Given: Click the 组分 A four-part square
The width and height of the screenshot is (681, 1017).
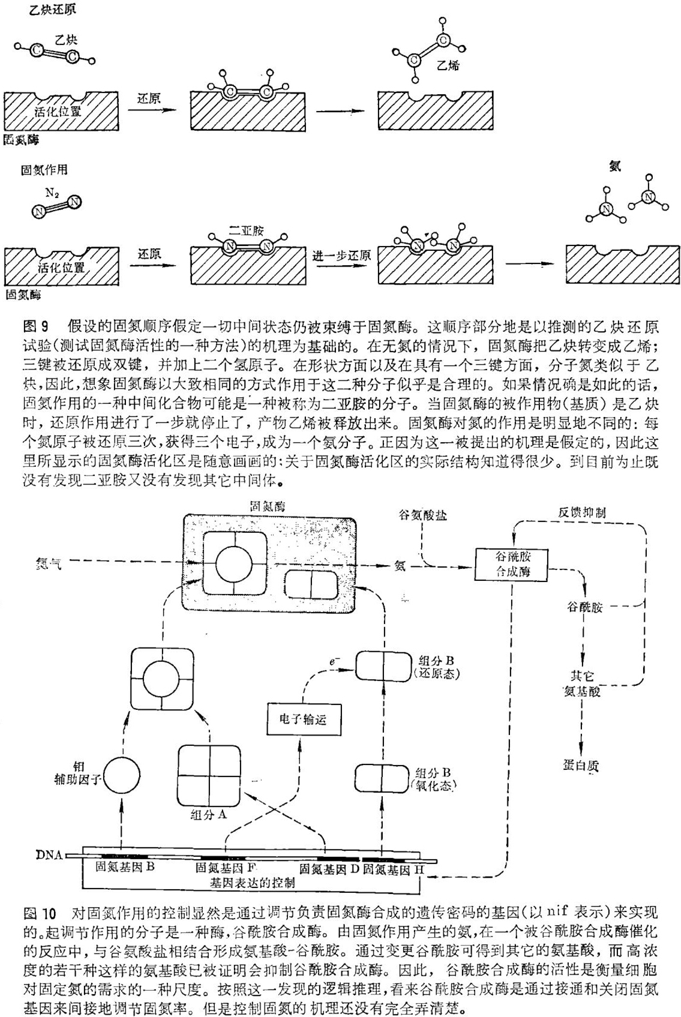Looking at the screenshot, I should [209, 776].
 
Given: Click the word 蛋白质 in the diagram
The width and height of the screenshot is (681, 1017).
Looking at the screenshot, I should [581, 765].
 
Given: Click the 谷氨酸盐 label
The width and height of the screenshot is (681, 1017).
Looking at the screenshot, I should [422, 516].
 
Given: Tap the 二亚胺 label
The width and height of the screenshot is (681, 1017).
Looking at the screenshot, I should [247, 230].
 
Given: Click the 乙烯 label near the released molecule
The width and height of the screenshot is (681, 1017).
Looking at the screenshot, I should [448, 65].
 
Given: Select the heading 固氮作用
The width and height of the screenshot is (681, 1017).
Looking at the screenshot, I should [44, 170].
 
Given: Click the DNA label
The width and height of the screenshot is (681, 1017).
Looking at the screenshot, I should [50, 854].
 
